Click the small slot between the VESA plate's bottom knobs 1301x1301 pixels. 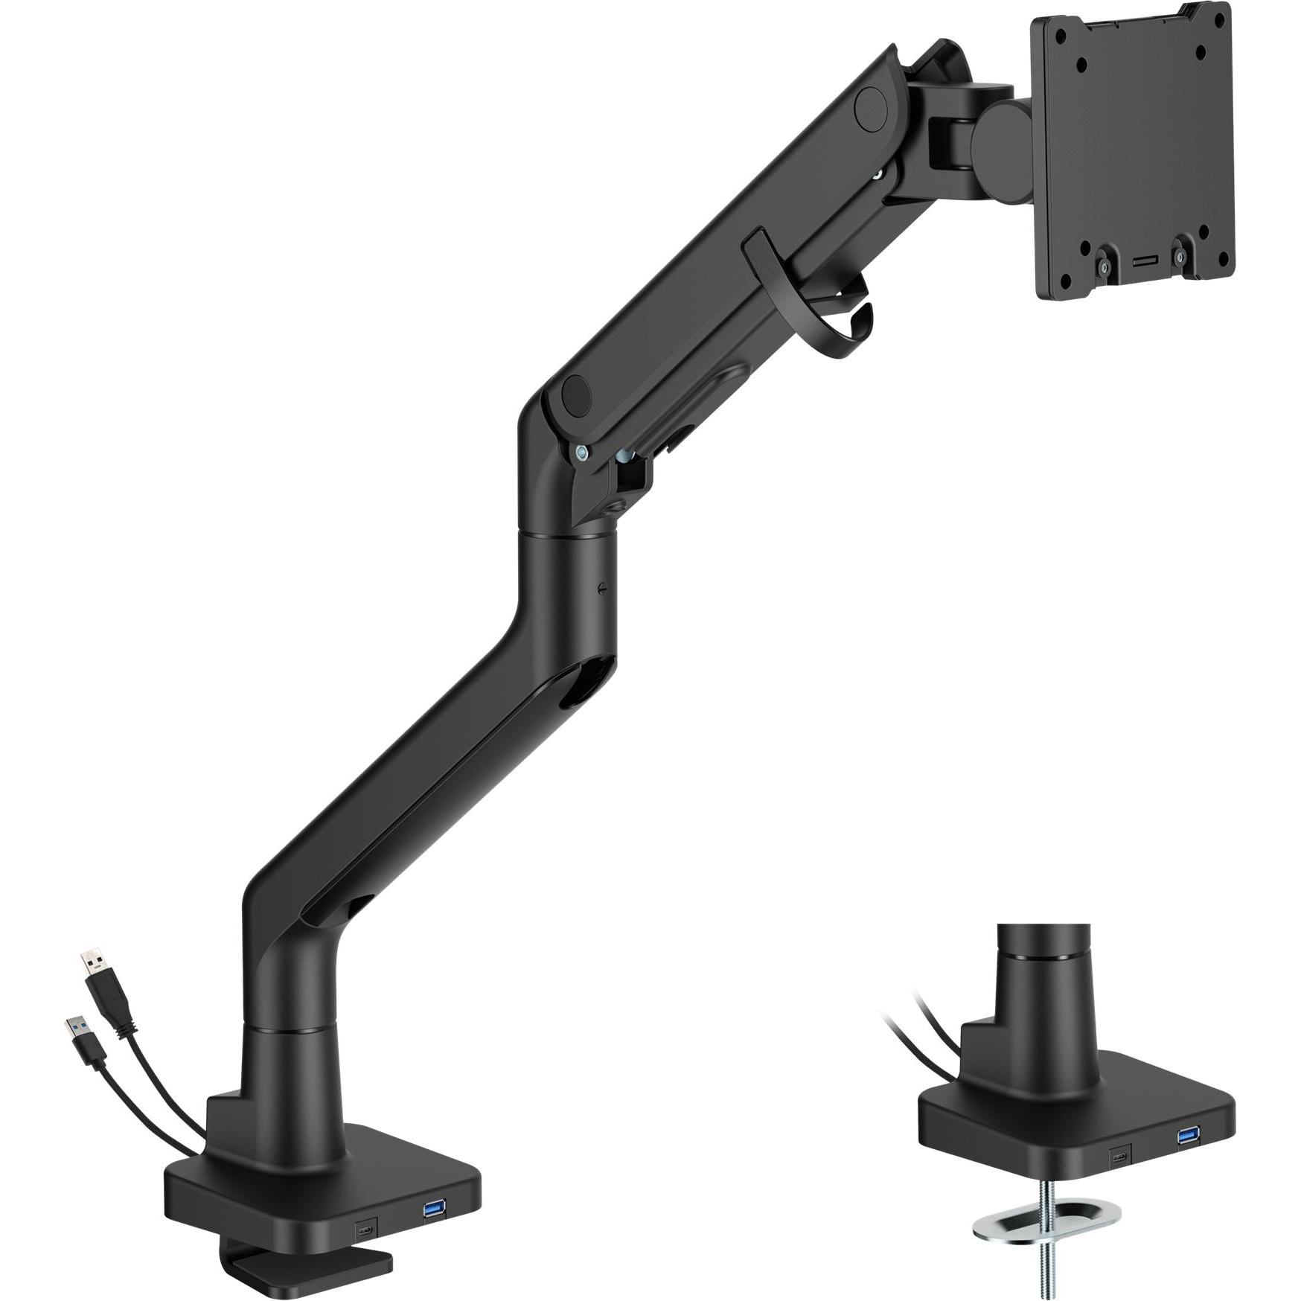click(1142, 262)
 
